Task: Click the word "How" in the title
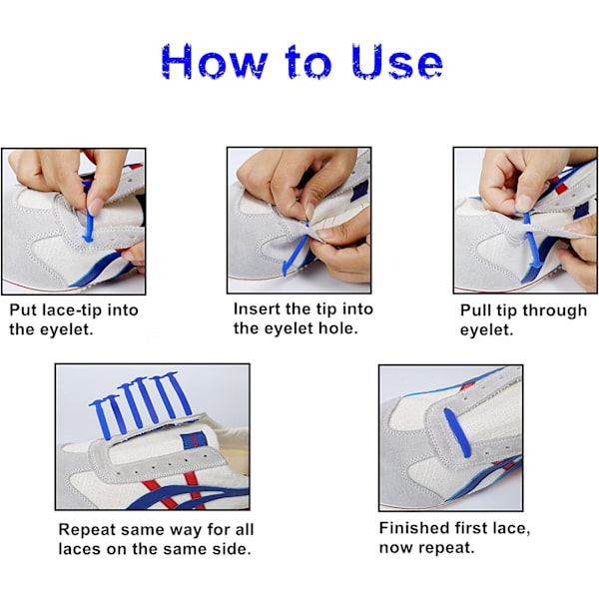(x=214, y=61)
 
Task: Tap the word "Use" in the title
(x=397, y=61)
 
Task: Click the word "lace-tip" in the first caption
(x=72, y=309)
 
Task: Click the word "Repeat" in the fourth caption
(x=87, y=530)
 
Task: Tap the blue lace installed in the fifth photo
(x=457, y=432)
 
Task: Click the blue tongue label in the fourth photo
(x=194, y=439)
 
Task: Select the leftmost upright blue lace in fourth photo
(x=102, y=418)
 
